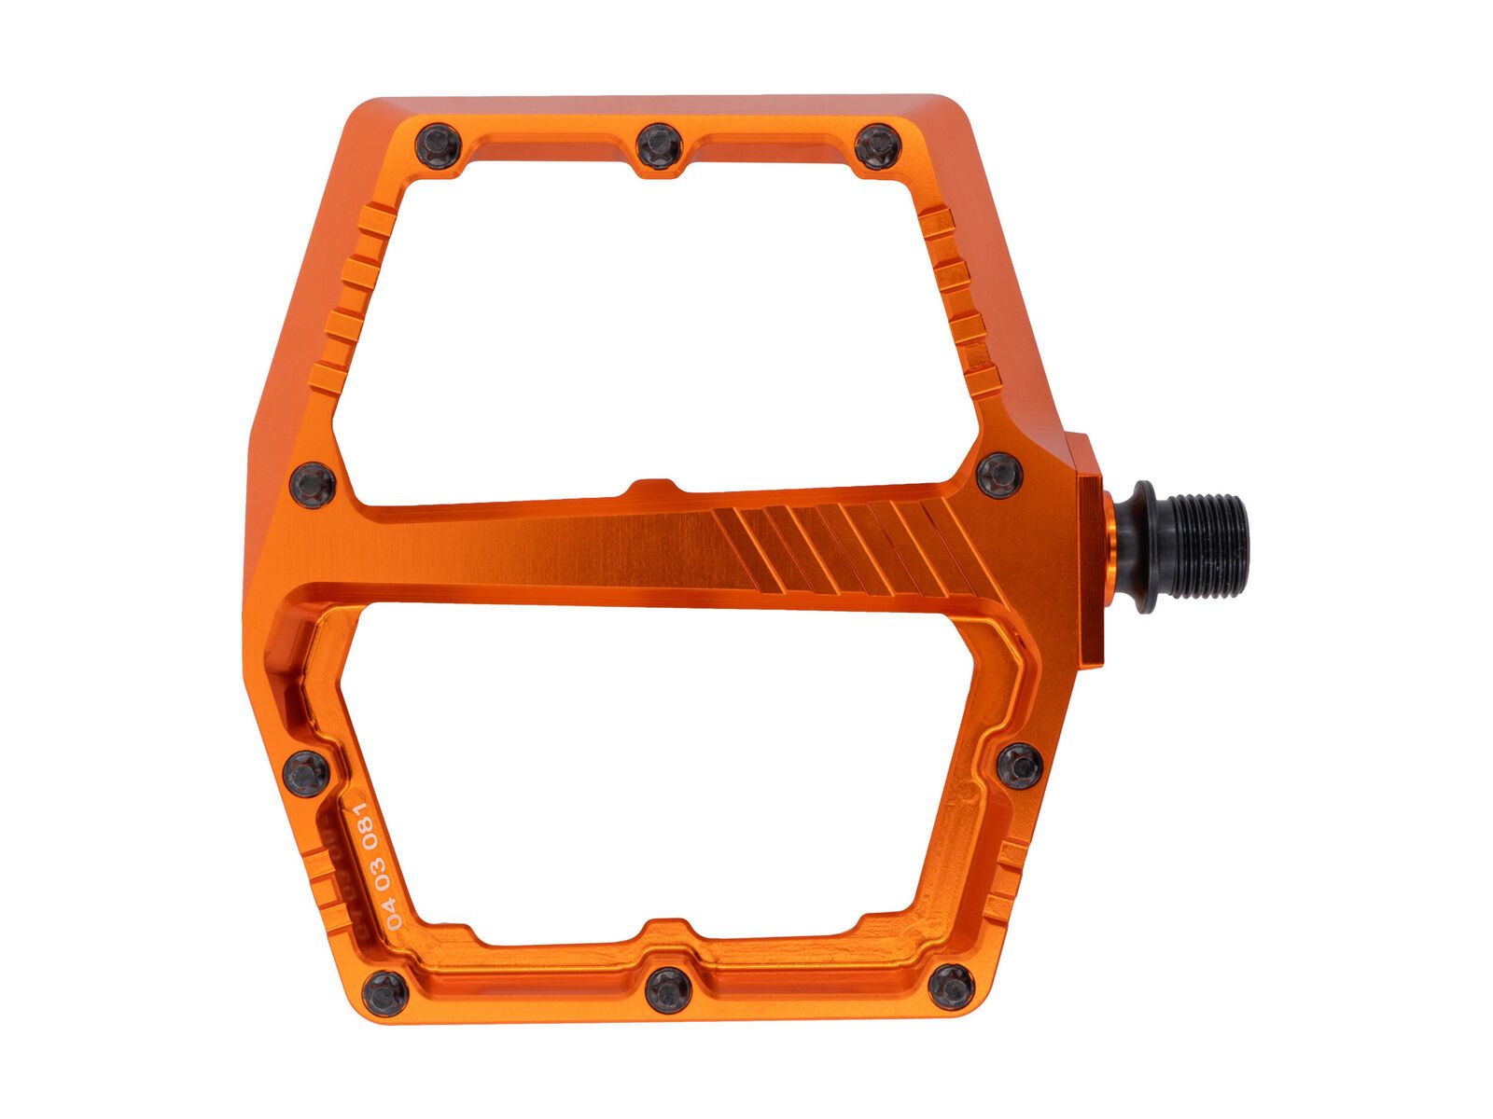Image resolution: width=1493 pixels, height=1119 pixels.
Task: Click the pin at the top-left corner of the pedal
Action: (x=438, y=146)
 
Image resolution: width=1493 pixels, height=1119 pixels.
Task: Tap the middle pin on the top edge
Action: (x=660, y=146)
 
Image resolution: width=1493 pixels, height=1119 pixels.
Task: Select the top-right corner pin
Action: (x=878, y=146)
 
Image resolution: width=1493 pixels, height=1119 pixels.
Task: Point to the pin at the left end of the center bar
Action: (x=313, y=485)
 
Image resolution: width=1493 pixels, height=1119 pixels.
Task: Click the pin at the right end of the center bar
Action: (x=999, y=476)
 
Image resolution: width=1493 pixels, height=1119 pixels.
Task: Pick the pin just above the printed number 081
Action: (x=306, y=774)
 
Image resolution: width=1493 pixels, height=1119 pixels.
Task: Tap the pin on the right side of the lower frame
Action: (x=1020, y=767)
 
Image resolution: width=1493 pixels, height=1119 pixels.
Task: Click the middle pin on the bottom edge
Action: (x=668, y=990)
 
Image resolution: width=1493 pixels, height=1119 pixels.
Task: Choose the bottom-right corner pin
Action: (x=952, y=987)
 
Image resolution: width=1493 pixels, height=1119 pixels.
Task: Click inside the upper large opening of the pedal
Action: (x=653, y=326)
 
